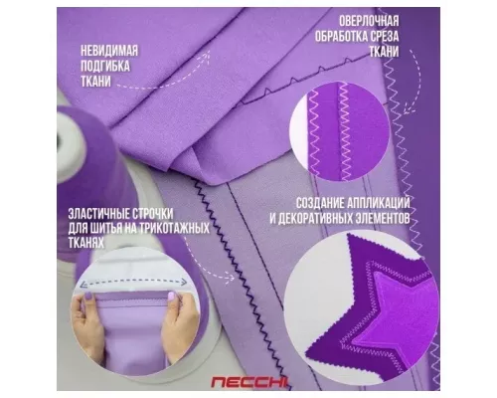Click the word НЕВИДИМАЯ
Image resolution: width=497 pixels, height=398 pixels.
pos(109,51)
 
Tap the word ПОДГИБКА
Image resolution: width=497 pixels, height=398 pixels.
pos(105,67)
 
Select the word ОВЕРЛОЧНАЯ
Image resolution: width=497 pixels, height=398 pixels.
pos(369,21)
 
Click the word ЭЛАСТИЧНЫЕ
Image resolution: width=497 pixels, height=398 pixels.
pos(95,214)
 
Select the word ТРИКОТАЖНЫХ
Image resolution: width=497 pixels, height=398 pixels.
pos(175,229)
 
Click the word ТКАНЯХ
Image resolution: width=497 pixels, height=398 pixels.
pos(86,243)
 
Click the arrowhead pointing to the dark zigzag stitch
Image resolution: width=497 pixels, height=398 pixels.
pos(230,278)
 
